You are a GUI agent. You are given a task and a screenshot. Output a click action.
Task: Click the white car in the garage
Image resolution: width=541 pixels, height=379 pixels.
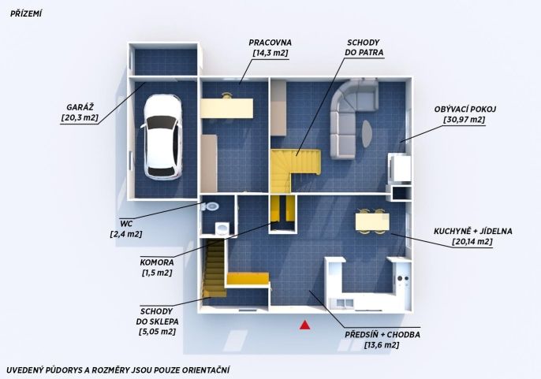tap(162, 137)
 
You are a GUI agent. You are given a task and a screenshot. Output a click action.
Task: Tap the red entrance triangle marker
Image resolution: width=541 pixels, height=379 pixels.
tap(304, 325)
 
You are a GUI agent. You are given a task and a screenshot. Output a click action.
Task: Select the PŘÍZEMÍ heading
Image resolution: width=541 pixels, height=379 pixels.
tap(26, 14)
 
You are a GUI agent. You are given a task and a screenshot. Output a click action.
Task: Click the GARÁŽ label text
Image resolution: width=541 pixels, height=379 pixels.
tap(80, 107)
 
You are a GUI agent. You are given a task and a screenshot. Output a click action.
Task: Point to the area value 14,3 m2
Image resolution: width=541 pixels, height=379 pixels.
tap(270, 53)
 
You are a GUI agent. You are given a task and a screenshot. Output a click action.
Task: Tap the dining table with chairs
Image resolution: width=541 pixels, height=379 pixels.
tap(372, 221)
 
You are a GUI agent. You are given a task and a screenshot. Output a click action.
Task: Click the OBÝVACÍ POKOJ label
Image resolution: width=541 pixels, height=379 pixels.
tap(465, 110)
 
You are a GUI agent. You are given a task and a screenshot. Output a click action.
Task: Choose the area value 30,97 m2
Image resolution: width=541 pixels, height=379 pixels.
tap(465, 120)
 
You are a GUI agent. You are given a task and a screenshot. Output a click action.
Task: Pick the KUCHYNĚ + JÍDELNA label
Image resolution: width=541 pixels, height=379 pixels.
tap(472, 231)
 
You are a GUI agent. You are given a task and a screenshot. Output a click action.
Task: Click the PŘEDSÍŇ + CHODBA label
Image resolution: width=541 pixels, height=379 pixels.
tap(382, 335)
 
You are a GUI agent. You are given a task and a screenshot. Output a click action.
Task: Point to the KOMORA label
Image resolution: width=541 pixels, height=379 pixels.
tap(157, 262)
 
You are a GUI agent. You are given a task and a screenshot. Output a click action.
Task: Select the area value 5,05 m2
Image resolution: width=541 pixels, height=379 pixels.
tap(158, 332)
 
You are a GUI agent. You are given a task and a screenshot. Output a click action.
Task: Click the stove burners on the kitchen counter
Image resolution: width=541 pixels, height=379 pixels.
tap(403, 278)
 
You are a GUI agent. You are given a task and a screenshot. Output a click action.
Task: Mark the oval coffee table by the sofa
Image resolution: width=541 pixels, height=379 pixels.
tap(367, 133)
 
